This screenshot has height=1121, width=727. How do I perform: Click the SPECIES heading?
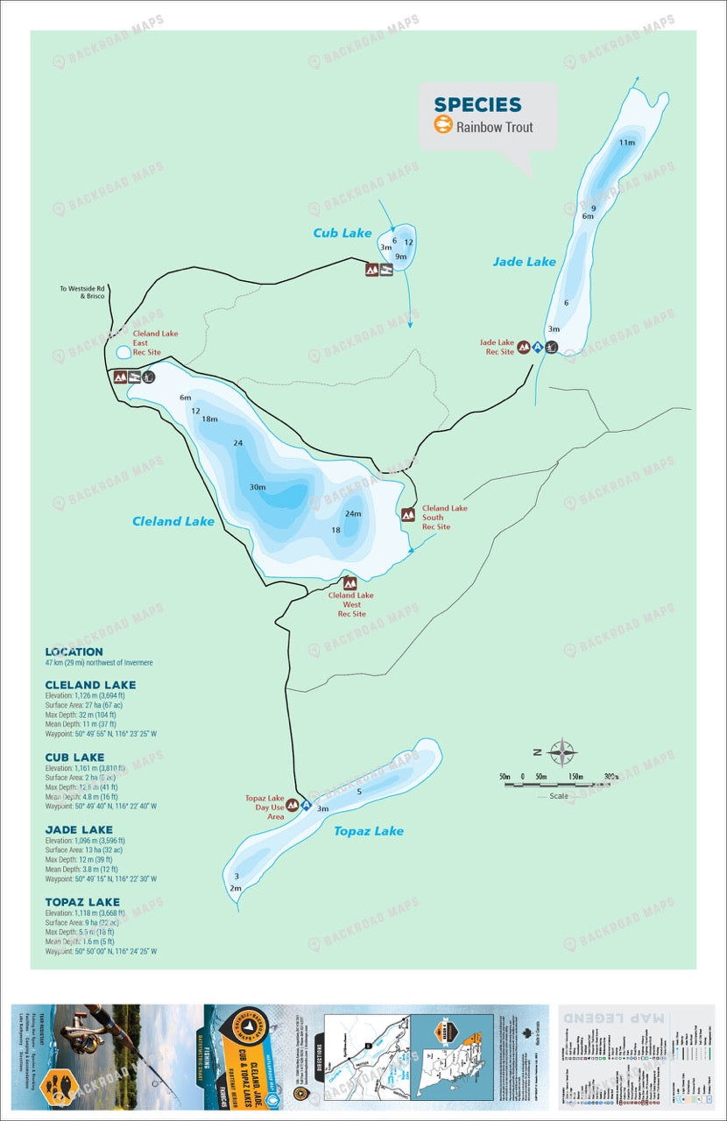(477, 104)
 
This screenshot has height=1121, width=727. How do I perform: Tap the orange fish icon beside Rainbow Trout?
(443, 126)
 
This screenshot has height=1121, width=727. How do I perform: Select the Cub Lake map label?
(342, 233)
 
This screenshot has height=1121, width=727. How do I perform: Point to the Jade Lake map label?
(524, 261)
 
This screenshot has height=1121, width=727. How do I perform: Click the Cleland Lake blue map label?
(173, 521)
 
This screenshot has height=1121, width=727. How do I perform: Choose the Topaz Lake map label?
(369, 830)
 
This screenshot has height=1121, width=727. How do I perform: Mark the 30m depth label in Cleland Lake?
(258, 487)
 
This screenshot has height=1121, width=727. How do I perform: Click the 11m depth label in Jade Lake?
(626, 142)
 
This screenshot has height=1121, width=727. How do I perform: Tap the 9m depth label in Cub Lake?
(401, 257)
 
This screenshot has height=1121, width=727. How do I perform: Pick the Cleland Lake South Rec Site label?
(444, 517)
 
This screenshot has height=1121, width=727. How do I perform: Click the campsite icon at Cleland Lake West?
(350, 583)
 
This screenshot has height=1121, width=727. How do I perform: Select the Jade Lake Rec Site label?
(497, 347)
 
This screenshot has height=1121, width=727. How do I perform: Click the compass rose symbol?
(561, 751)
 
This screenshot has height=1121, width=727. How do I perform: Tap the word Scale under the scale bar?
(559, 796)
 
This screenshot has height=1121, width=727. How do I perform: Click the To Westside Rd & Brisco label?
(81, 293)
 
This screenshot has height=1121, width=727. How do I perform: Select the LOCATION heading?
(74, 652)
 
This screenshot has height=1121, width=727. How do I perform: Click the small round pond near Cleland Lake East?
(124, 352)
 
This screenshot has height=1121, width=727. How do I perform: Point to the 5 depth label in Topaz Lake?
(360, 792)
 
